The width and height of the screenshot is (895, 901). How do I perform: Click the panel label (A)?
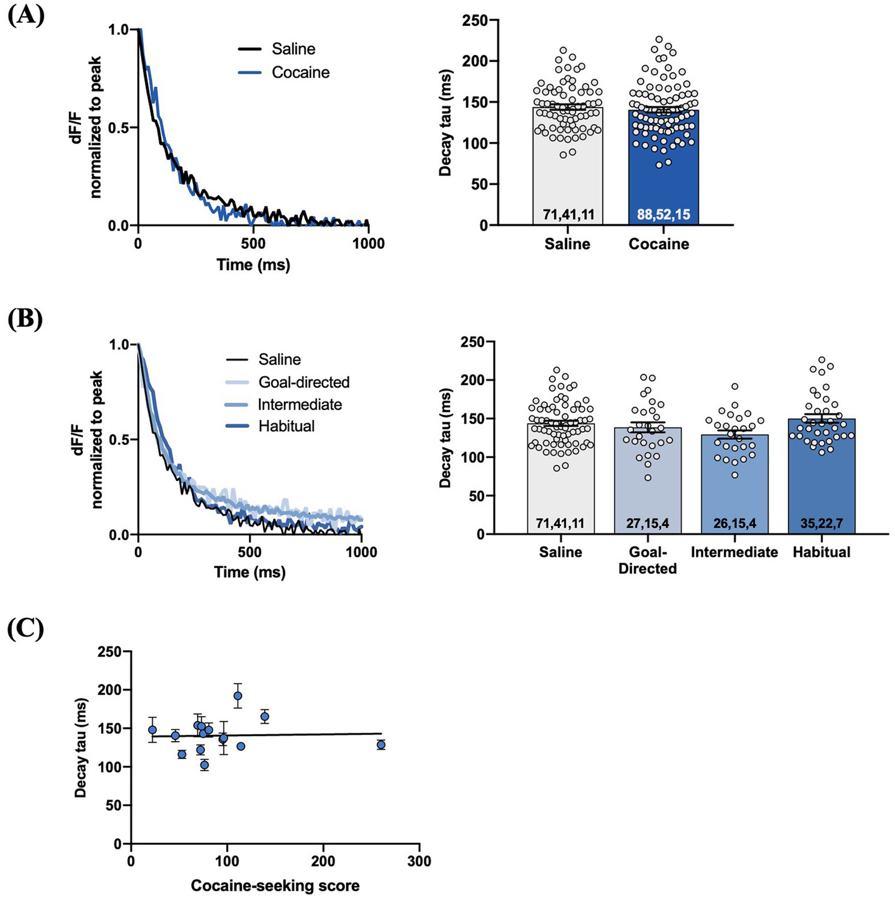pos(26,15)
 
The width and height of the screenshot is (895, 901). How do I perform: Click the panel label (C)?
pos(26,629)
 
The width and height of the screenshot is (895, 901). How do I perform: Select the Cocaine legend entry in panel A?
pos(300,73)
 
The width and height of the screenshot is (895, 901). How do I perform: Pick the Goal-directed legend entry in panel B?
pos(304,382)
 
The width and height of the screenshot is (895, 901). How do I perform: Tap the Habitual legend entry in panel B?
pos(286,426)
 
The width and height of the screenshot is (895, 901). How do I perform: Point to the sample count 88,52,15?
pos(663,214)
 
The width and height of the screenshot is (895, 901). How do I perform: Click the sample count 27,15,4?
pos(648,524)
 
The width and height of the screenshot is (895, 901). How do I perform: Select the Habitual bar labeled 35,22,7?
pos(821,475)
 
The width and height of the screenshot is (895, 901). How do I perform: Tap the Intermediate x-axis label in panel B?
pos(734,553)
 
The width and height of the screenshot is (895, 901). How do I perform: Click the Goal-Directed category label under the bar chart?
pos(648,560)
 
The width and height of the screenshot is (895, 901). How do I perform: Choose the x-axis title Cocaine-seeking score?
pos(275,885)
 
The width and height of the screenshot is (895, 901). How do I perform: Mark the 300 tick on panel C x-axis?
pos(419,861)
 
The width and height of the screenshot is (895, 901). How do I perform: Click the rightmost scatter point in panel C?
pos(381,745)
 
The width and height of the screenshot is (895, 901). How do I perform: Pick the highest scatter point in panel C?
pos(238,696)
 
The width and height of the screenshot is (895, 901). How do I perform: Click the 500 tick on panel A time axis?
pos(253,243)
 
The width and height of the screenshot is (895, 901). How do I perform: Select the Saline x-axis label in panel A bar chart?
pos(567,244)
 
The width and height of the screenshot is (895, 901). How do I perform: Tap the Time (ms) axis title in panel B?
pos(250,572)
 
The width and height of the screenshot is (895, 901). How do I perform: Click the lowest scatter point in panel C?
pos(205,765)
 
